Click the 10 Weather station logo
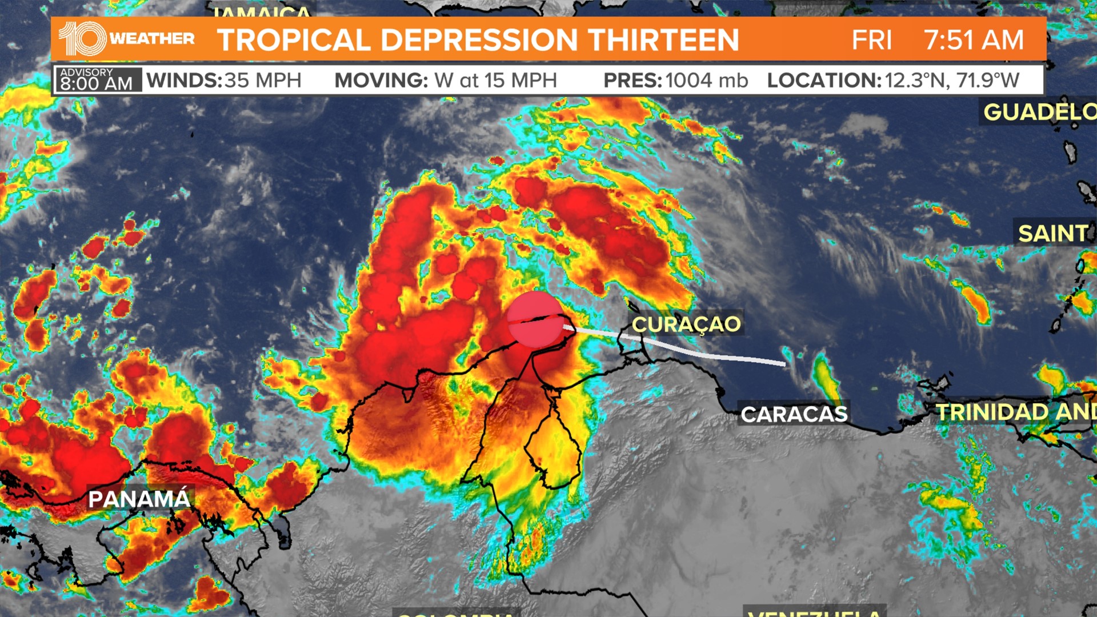pos(126,39)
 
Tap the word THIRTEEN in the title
pos(663,40)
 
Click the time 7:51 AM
pos(974,40)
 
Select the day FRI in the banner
pos(871,40)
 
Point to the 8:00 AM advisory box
pos(97,80)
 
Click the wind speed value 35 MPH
pos(263,81)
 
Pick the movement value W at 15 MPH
pos(495,81)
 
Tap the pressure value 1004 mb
pos(706,81)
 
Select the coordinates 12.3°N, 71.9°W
pos(952,81)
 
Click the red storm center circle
pos(535,319)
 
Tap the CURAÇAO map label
pos(686,324)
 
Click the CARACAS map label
pos(794,414)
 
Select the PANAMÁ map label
pos(139,499)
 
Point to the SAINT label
pos(1053,233)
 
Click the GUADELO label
pos(1039,112)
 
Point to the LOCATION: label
pos(824,81)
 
